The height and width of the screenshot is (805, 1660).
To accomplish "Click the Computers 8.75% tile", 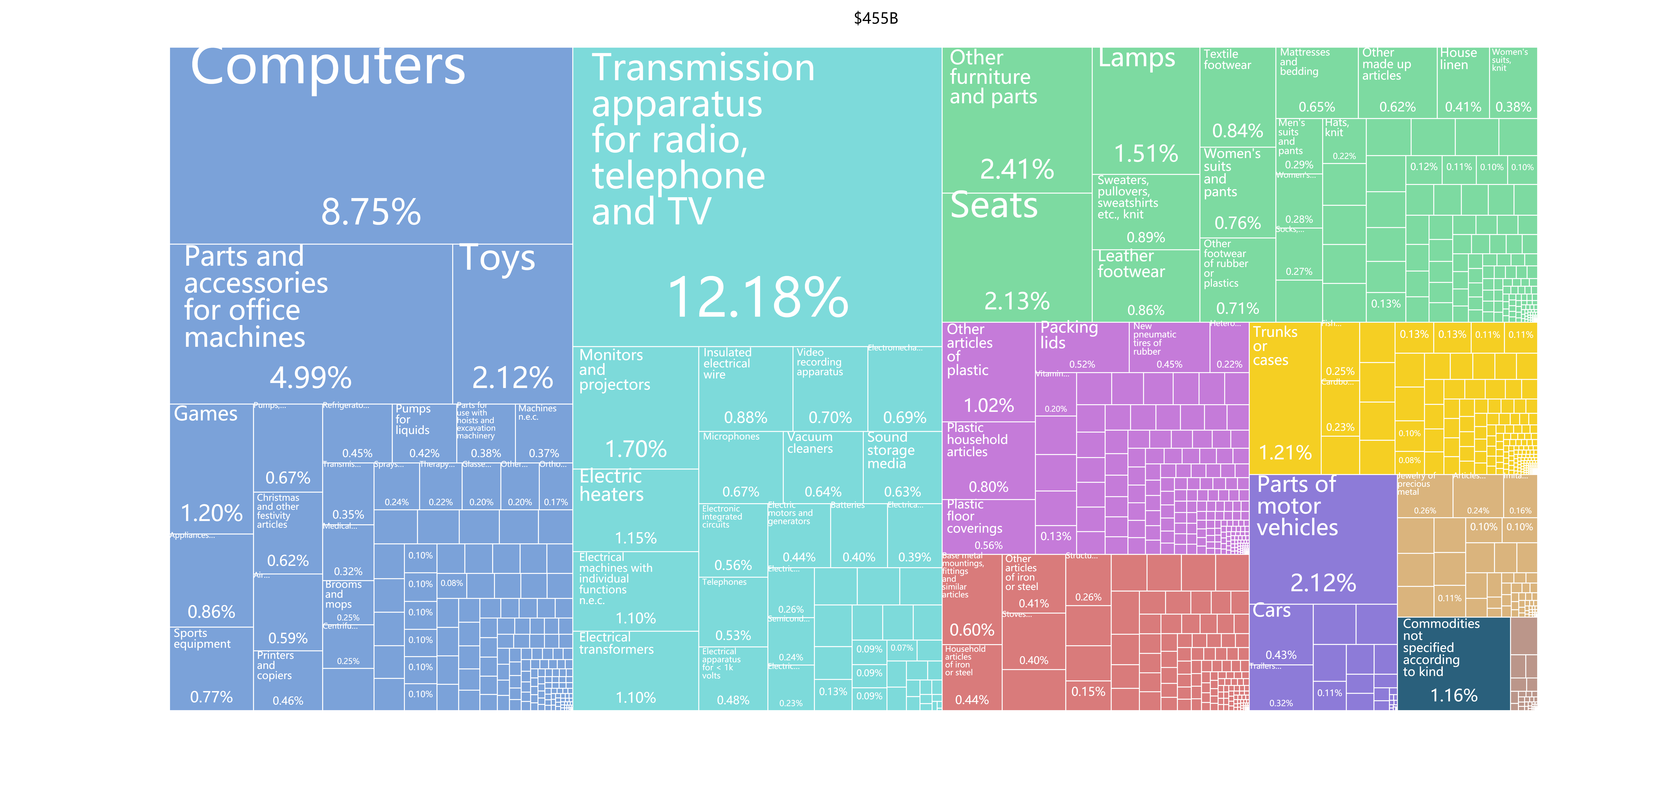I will coord(371,145).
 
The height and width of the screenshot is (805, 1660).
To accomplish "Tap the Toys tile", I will coord(512,322).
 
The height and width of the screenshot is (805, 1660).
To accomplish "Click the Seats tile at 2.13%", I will coord(1017,258).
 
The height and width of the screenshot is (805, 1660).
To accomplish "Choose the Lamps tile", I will coord(1146,110).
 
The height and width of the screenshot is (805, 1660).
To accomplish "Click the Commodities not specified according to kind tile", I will coord(1454,664).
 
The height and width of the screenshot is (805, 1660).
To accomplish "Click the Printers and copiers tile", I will coord(287,680).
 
